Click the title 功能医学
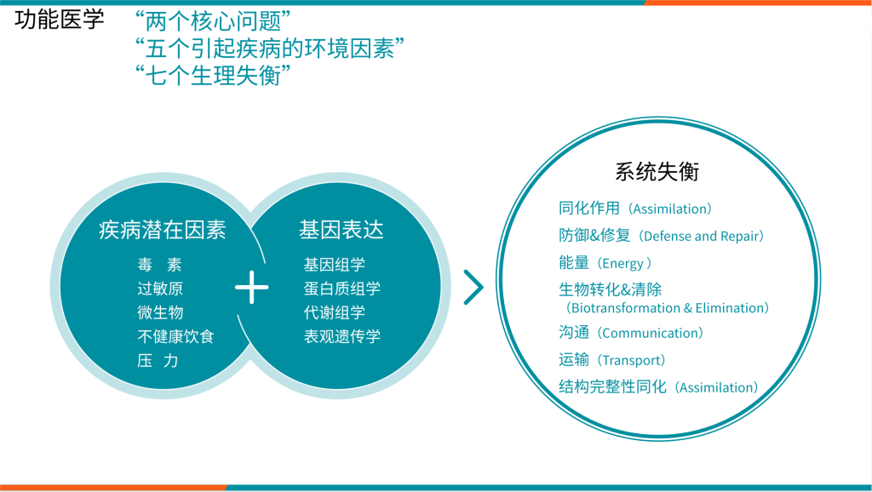pos(59,20)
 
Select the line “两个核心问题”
pos(213,21)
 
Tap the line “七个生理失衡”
pos(213,76)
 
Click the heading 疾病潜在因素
pos(163,230)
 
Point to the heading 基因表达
pos(341,230)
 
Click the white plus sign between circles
pos(252,288)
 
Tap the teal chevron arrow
pos(473,288)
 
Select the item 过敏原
pos(160,289)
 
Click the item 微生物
pos(160,312)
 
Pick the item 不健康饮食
pos(175,336)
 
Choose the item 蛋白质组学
pos(342,289)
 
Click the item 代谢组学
pos(334,312)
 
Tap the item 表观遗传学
pos(342,336)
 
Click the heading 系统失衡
pos(657,172)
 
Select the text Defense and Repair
pos(702,237)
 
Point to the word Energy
pos(622,264)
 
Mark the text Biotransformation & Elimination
pos(668,308)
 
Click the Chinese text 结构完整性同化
pos(612,387)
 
